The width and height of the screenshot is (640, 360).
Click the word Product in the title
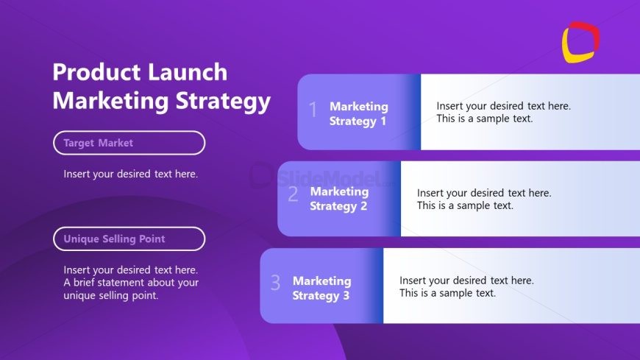[x=96, y=72]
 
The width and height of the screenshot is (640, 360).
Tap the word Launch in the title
[x=188, y=72]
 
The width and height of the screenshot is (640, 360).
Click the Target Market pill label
[x=129, y=143]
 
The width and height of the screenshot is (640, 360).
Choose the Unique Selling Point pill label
[x=129, y=239]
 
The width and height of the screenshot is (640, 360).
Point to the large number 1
[x=313, y=110]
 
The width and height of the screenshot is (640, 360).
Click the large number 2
[x=293, y=194]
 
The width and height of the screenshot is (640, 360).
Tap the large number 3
[x=276, y=282]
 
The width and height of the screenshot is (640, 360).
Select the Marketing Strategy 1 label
[x=359, y=113]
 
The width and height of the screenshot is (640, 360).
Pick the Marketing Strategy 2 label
[x=339, y=199]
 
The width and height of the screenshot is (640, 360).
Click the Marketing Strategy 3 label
[x=321, y=288]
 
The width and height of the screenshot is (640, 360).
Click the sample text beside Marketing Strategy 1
[x=504, y=112]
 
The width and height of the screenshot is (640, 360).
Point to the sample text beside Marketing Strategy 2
[x=484, y=199]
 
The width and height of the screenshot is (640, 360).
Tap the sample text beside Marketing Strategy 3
[x=466, y=286]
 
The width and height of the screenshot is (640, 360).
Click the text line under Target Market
[x=131, y=174]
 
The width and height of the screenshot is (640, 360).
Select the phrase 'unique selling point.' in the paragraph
[x=110, y=295]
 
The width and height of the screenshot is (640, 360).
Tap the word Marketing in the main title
[x=110, y=101]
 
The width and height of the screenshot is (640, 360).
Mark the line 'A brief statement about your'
[x=131, y=283]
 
